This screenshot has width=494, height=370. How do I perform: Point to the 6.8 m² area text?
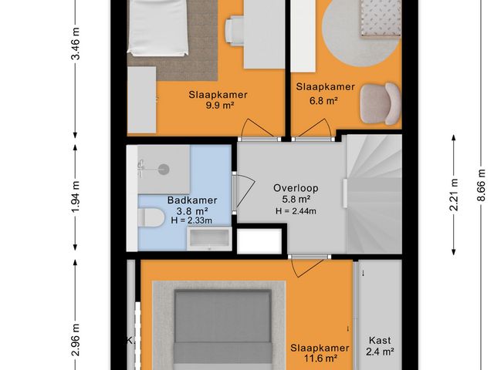[325, 99]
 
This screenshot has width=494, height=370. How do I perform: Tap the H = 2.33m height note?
[191, 221]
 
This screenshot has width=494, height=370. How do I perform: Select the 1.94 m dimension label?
[75, 199]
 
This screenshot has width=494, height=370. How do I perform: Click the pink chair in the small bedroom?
[379, 104]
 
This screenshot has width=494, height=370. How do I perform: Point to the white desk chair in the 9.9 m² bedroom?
[236, 29]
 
